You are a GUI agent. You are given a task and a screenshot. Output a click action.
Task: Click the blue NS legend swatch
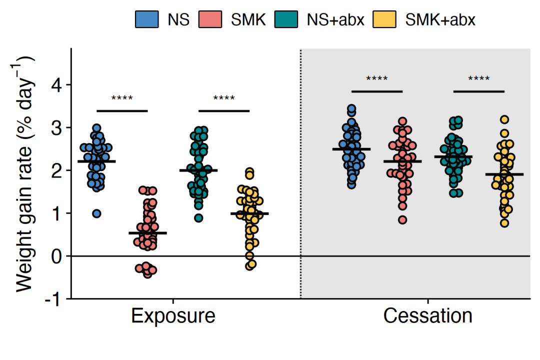(x=146, y=19)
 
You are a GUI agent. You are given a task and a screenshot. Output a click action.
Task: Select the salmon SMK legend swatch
(x=210, y=19)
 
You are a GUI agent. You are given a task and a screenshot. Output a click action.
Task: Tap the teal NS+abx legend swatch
(x=286, y=19)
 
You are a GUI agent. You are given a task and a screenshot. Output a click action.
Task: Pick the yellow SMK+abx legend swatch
(x=384, y=19)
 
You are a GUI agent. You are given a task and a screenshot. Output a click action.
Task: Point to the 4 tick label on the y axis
(x=57, y=84)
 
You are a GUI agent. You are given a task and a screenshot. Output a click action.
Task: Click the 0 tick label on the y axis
(x=57, y=256)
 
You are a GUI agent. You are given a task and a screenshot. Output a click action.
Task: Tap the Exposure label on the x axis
(x=173, y=315)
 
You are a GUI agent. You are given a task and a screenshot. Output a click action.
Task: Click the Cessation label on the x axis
(x=427, y=315)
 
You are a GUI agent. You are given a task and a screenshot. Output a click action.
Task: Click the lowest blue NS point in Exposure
(x=97, y=213)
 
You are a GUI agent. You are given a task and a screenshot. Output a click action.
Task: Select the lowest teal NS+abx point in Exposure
(x=198, y=217)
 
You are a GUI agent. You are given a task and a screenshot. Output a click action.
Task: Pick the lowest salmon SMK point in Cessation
(x=402, y=220)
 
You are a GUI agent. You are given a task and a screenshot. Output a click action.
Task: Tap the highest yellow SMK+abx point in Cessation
(x=504, y=120)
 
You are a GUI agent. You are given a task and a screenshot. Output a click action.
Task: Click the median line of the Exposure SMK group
(x=147, y=233)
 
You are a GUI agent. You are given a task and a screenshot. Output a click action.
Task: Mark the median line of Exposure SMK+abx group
(x=249, y=213)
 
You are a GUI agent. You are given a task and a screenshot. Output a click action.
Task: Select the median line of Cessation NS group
(x=351, y=149)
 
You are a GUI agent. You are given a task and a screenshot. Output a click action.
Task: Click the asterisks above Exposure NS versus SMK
(x=122, y=98)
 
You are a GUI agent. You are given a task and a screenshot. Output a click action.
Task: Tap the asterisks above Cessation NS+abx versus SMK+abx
(x=479, y=79)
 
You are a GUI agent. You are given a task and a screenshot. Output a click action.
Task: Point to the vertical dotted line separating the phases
(x=300, y=174)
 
